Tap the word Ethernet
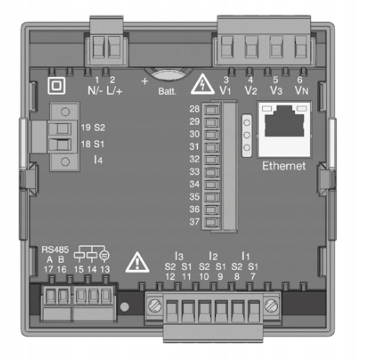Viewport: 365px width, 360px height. click(x=284, y=166)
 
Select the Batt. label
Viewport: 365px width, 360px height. click(x=167, y=93)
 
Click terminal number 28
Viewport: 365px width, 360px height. click(x=195, y=109)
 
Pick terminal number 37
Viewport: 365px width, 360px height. click(x=195, y=222)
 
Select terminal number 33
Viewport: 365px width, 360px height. click(x=195, y=172)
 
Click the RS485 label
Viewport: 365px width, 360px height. click(x=52, y=250)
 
